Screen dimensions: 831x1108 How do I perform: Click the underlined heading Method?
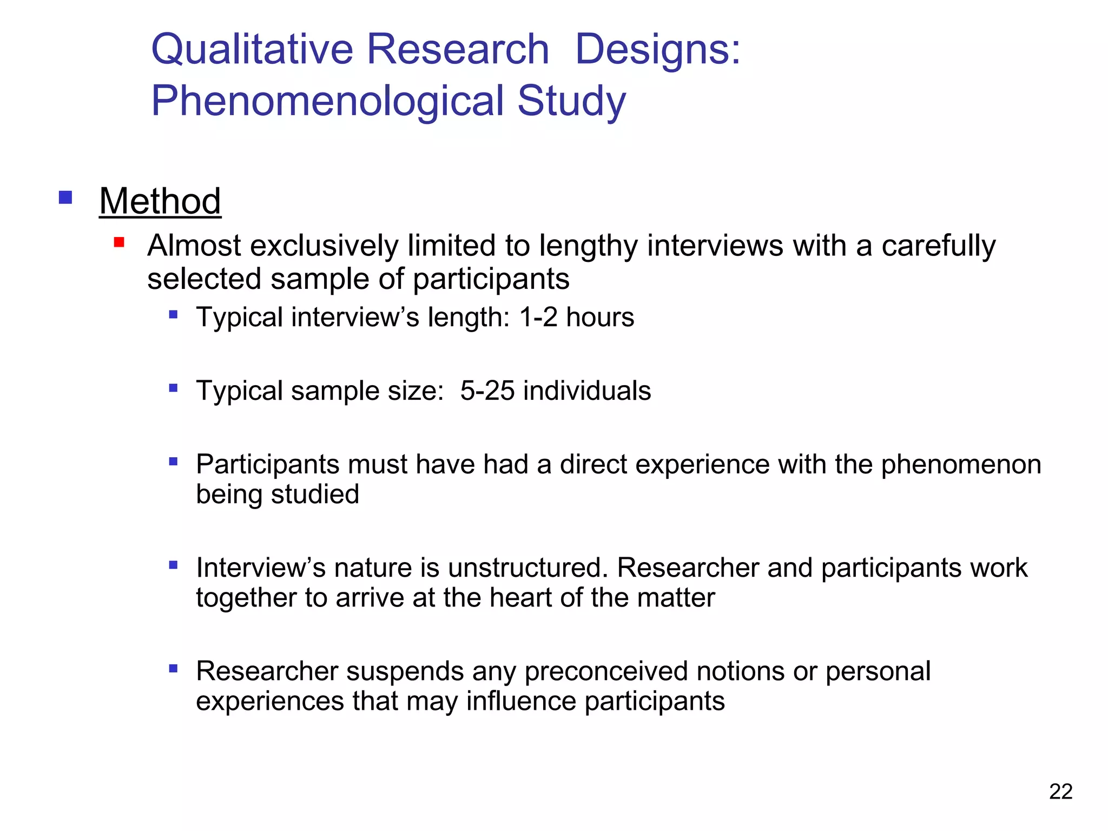[x=160, y=201]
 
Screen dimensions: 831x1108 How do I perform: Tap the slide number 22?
[x=1060, y=792]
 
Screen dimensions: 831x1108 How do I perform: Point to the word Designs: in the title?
[x=657, y=49]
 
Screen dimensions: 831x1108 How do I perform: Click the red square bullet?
[x=119, y=242]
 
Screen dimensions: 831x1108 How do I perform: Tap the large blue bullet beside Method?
[x=65, y=197]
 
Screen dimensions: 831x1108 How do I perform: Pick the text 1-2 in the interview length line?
[x=538, y=317]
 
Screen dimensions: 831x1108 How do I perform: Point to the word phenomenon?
[x=961, y=465]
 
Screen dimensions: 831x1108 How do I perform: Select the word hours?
[x=600, y=317]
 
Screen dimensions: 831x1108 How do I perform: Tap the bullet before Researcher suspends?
[x=173, y=668]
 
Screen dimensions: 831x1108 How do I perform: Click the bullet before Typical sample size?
[x=173, y=387]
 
